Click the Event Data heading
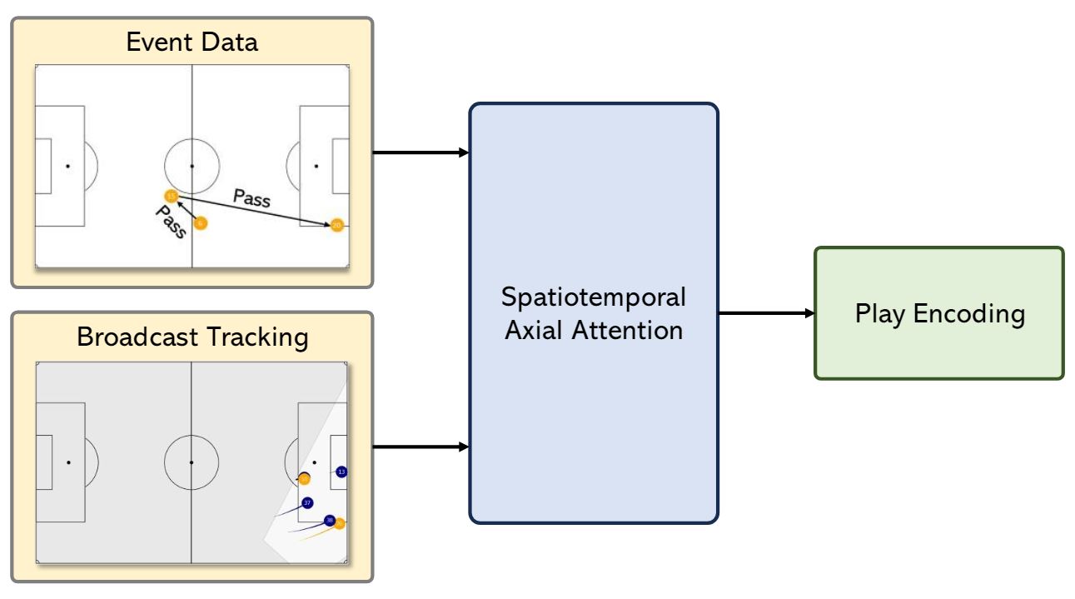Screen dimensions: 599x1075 (192, 42)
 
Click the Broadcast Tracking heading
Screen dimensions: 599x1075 (192, 337)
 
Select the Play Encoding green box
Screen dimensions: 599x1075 (938, 313)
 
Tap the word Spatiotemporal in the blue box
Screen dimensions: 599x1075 (593, 297)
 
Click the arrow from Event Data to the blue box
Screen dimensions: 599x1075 (421, 152)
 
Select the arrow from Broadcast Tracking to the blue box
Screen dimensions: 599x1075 (421, 447)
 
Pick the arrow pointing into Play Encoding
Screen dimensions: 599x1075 (765, 313)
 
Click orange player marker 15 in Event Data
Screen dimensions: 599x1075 (171, 196)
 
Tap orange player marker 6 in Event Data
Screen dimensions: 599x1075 (200, 223)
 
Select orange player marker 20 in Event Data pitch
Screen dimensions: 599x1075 (336, 225)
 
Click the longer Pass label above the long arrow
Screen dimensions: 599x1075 (251, 198)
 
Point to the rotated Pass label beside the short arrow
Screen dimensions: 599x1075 (171, 222)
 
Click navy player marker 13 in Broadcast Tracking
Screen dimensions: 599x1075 (341, 472)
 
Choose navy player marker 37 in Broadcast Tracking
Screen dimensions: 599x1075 (307, 502)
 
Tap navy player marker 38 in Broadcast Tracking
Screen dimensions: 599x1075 (330, 520)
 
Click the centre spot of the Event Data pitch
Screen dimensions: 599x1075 (192, 166)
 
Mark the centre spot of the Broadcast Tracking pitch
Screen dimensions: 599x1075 (192, 462)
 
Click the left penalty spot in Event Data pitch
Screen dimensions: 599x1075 (67, 166)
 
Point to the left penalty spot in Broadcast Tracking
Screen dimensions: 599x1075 (68, 462)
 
